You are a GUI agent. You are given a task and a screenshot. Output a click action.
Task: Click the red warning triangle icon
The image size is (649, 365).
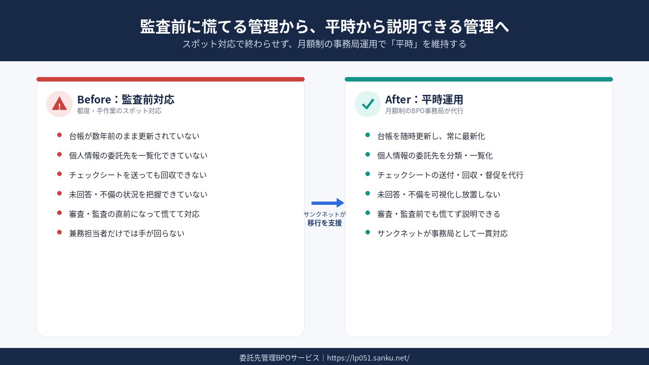pos(59,103)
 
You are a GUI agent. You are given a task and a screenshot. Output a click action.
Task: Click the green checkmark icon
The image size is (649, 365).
pos(367,104)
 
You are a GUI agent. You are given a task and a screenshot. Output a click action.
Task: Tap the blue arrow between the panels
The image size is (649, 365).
pos(328,203)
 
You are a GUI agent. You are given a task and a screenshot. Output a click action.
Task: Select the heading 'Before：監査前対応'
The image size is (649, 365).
pos(125,99)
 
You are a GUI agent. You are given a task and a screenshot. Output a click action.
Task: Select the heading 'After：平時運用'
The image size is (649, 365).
pos(424,99)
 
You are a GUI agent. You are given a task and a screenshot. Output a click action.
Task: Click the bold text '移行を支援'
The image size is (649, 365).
pos(324,223)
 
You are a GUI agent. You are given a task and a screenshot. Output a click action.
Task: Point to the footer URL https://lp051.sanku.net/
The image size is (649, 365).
pos(368,358)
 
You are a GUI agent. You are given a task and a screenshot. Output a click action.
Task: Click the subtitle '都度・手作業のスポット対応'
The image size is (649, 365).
pos(119,111)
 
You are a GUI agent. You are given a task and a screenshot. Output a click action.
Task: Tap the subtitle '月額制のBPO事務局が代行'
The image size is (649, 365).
pos(424,111)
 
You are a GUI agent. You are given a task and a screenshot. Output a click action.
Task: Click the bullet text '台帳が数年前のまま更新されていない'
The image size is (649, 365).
pos(134,136)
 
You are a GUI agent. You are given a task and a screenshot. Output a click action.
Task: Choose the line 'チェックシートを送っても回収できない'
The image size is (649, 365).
pos(138,175)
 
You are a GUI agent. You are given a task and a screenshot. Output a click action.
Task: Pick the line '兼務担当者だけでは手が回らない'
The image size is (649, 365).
pos(127,234)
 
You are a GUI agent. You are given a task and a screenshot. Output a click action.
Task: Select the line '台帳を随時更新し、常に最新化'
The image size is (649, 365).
pos(431,136)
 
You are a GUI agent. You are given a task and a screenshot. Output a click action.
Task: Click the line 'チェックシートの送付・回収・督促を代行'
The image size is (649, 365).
pos(450,175)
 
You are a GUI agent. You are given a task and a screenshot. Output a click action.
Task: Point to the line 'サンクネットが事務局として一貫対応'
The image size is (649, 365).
pos(443,234)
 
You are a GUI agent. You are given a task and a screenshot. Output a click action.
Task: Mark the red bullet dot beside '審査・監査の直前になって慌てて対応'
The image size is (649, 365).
pos(59,213)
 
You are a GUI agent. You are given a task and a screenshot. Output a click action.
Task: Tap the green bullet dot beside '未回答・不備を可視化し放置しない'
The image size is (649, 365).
pos(367,193)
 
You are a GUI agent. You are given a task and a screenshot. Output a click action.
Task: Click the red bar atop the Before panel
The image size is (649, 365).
pos(170,79)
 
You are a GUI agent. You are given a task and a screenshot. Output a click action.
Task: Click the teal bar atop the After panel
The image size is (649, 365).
pos(479,79)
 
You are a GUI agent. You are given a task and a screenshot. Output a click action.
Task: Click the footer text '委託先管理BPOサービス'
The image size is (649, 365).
pos(279,358)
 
